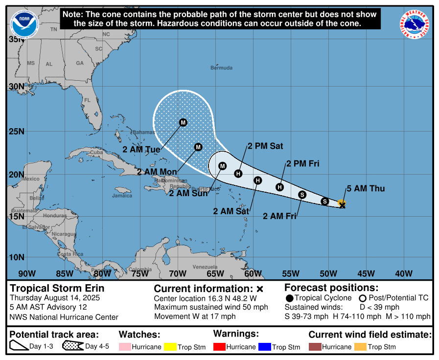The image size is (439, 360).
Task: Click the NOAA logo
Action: point(24,23)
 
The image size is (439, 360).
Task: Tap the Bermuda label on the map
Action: point(221,67)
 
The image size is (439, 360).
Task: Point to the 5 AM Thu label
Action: point(366,188)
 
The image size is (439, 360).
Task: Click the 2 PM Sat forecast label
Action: point(265,146)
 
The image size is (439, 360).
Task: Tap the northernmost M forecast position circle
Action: point(183,122)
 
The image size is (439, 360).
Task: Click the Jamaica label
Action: point(122,196)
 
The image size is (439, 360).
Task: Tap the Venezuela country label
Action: point(205,267)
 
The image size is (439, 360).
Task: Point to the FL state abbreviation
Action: point(88,100)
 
